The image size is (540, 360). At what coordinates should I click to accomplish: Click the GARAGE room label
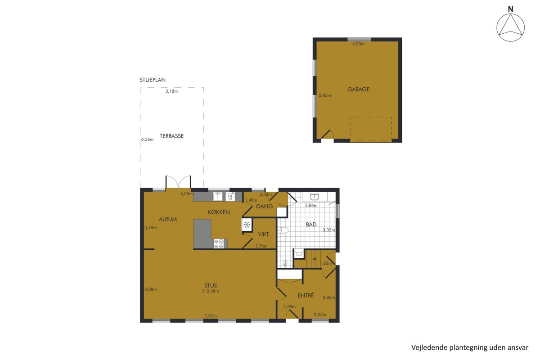[358, 89]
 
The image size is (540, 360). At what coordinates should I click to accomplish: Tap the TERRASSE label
[171, 136]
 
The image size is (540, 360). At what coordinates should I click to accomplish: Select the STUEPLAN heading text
[153, 80]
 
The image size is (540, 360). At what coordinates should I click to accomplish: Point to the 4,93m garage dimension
[358, 44]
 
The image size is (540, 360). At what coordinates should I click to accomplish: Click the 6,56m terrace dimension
[147, 139]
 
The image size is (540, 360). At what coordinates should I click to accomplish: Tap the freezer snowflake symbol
[247, 225]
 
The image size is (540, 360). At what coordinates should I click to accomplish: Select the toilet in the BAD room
[283, 230]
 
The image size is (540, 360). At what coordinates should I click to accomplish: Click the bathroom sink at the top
[315, 197]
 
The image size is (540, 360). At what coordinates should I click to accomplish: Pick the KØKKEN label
[219, 212]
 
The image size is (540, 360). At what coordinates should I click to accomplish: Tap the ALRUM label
[168, 220]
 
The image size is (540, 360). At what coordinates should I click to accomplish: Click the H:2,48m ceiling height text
[211, 291]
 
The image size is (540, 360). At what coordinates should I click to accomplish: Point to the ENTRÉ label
[306, 295]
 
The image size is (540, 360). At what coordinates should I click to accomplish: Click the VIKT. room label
[264, 234]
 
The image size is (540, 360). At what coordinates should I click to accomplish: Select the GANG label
[264, 207]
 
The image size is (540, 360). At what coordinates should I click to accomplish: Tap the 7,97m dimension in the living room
[211, 316]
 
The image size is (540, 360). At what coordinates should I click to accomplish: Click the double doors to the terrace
[178, 182]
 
